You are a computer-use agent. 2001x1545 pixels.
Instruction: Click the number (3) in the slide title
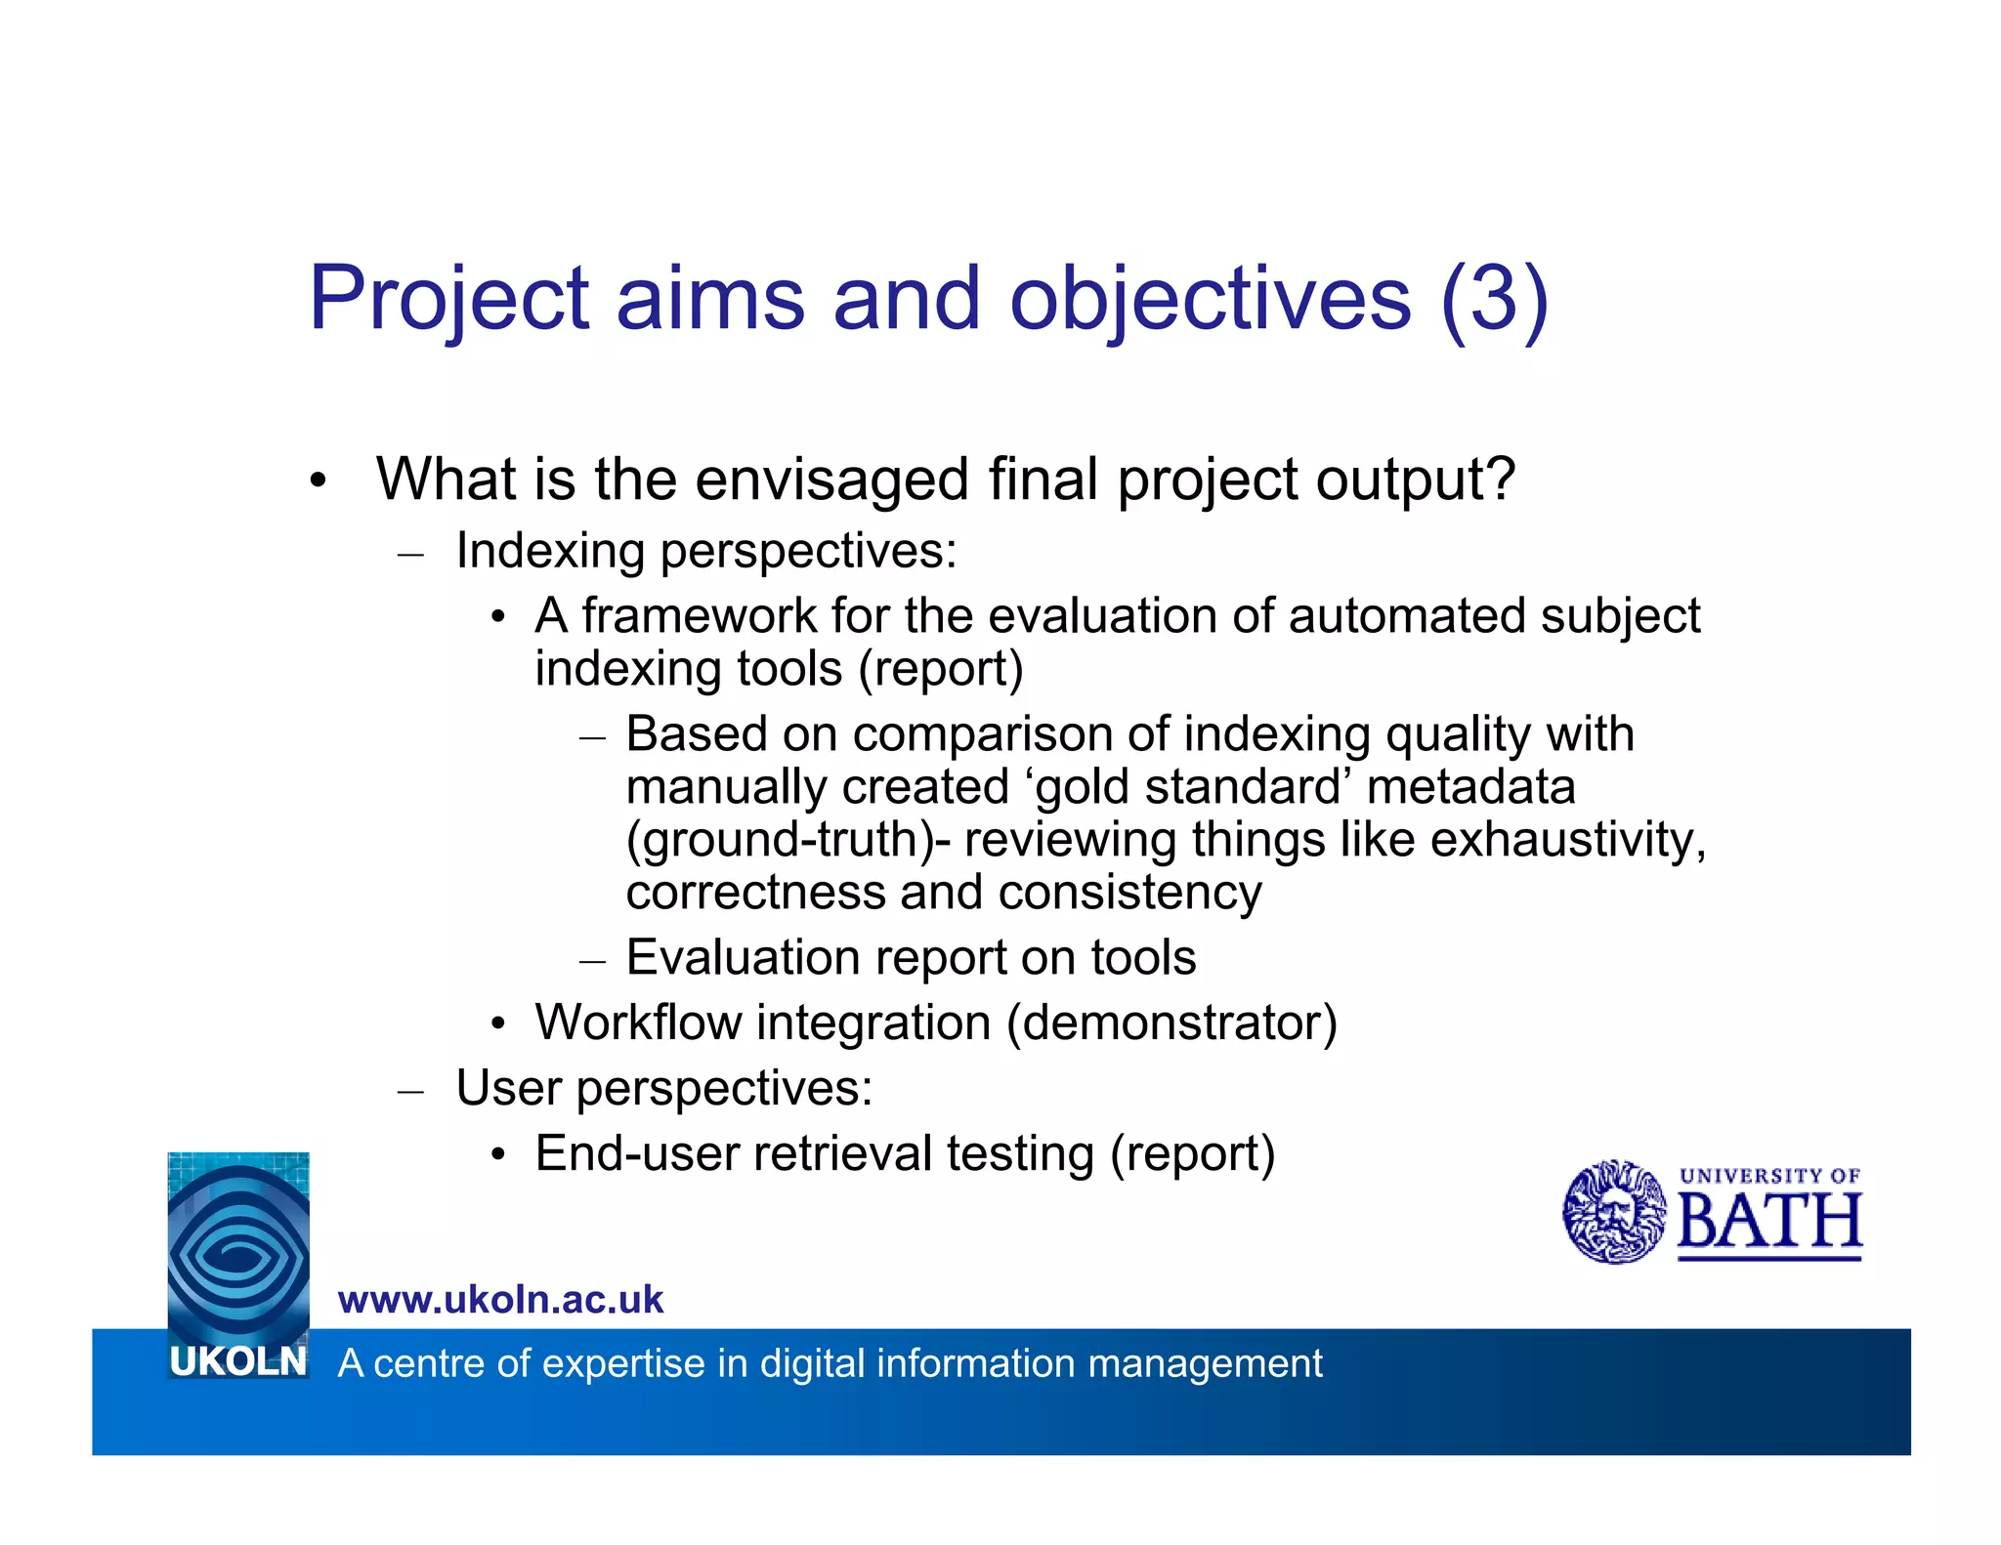tap(1494, 298)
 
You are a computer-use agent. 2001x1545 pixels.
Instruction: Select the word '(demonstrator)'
tap(1171, 1023)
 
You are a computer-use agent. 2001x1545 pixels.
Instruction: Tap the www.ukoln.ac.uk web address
tap(500, 1300)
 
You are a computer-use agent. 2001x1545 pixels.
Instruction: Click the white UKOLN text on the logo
tap(237, 1360)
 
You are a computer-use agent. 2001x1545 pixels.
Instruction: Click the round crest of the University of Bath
tap(1613, 1212)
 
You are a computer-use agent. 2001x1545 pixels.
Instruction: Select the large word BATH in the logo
tap(1769, 1222)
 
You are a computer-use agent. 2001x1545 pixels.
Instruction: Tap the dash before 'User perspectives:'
tap(410, 1091)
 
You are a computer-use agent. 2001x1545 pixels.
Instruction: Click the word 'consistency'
tap(1129, 893)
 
